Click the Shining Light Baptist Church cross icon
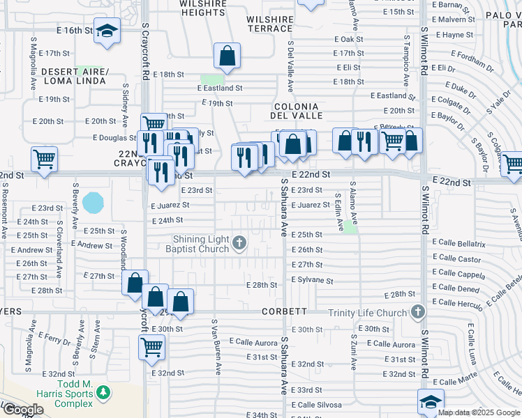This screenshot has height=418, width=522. point(239,242)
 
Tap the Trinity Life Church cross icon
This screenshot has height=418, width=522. point(418,312)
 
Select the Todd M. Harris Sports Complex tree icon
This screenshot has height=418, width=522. point(103,394)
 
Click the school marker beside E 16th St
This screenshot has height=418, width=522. point(107,32)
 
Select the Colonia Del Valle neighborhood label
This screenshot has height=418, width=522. point(294,109)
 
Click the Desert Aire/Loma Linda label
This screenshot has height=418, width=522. point(74,77)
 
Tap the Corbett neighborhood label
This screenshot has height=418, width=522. point(285,311)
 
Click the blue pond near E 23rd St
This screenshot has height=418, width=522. point(91,203)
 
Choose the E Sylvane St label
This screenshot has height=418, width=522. point(312,280)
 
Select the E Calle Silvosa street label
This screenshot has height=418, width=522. point(316,405)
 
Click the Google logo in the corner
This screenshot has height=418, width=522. point(23,409)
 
